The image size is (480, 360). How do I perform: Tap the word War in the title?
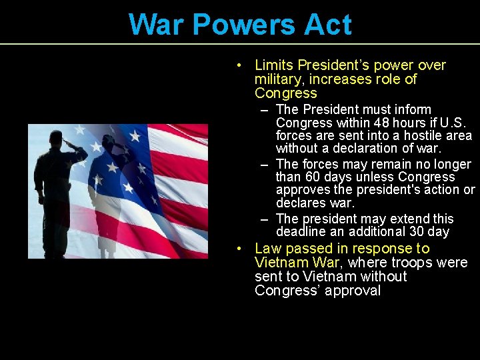155,25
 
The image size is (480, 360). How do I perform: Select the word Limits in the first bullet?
274,65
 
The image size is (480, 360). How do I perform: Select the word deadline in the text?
301,232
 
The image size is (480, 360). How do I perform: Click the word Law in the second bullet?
268,249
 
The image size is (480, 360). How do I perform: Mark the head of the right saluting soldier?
108,140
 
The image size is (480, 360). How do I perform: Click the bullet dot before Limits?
238,65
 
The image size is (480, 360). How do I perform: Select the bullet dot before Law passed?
238,249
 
